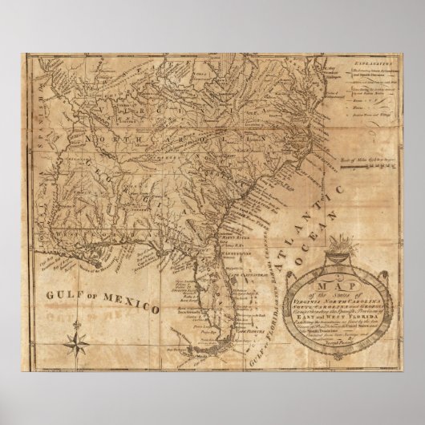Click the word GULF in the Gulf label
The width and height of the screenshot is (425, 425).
pyautogui.click(x=63, y=294)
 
